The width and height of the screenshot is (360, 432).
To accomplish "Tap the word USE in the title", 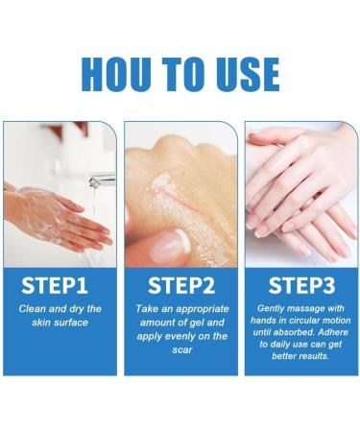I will [x=242, y=74].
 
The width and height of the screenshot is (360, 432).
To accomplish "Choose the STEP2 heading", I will [x=180, y=286].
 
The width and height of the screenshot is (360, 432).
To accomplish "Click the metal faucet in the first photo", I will [x=100, y=179].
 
